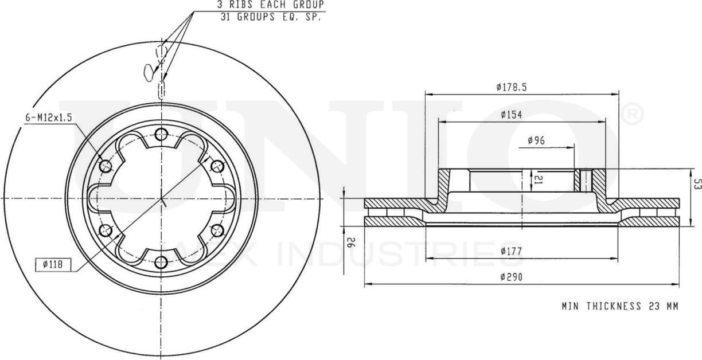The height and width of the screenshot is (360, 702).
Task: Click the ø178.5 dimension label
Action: [511, 88]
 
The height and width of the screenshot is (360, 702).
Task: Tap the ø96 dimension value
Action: [536, 141]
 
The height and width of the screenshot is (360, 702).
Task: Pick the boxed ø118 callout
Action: [52, 264]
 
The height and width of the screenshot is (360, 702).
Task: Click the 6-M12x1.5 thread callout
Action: [49, 118]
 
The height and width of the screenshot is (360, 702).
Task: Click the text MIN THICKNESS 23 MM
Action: [620, 306]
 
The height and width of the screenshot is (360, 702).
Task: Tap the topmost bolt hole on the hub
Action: [161, 135]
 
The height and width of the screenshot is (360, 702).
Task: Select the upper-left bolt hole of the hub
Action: [106, 166]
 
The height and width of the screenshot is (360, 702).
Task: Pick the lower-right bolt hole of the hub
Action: [217, 230]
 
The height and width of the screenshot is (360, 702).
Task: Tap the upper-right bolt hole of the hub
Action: [217, 166]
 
